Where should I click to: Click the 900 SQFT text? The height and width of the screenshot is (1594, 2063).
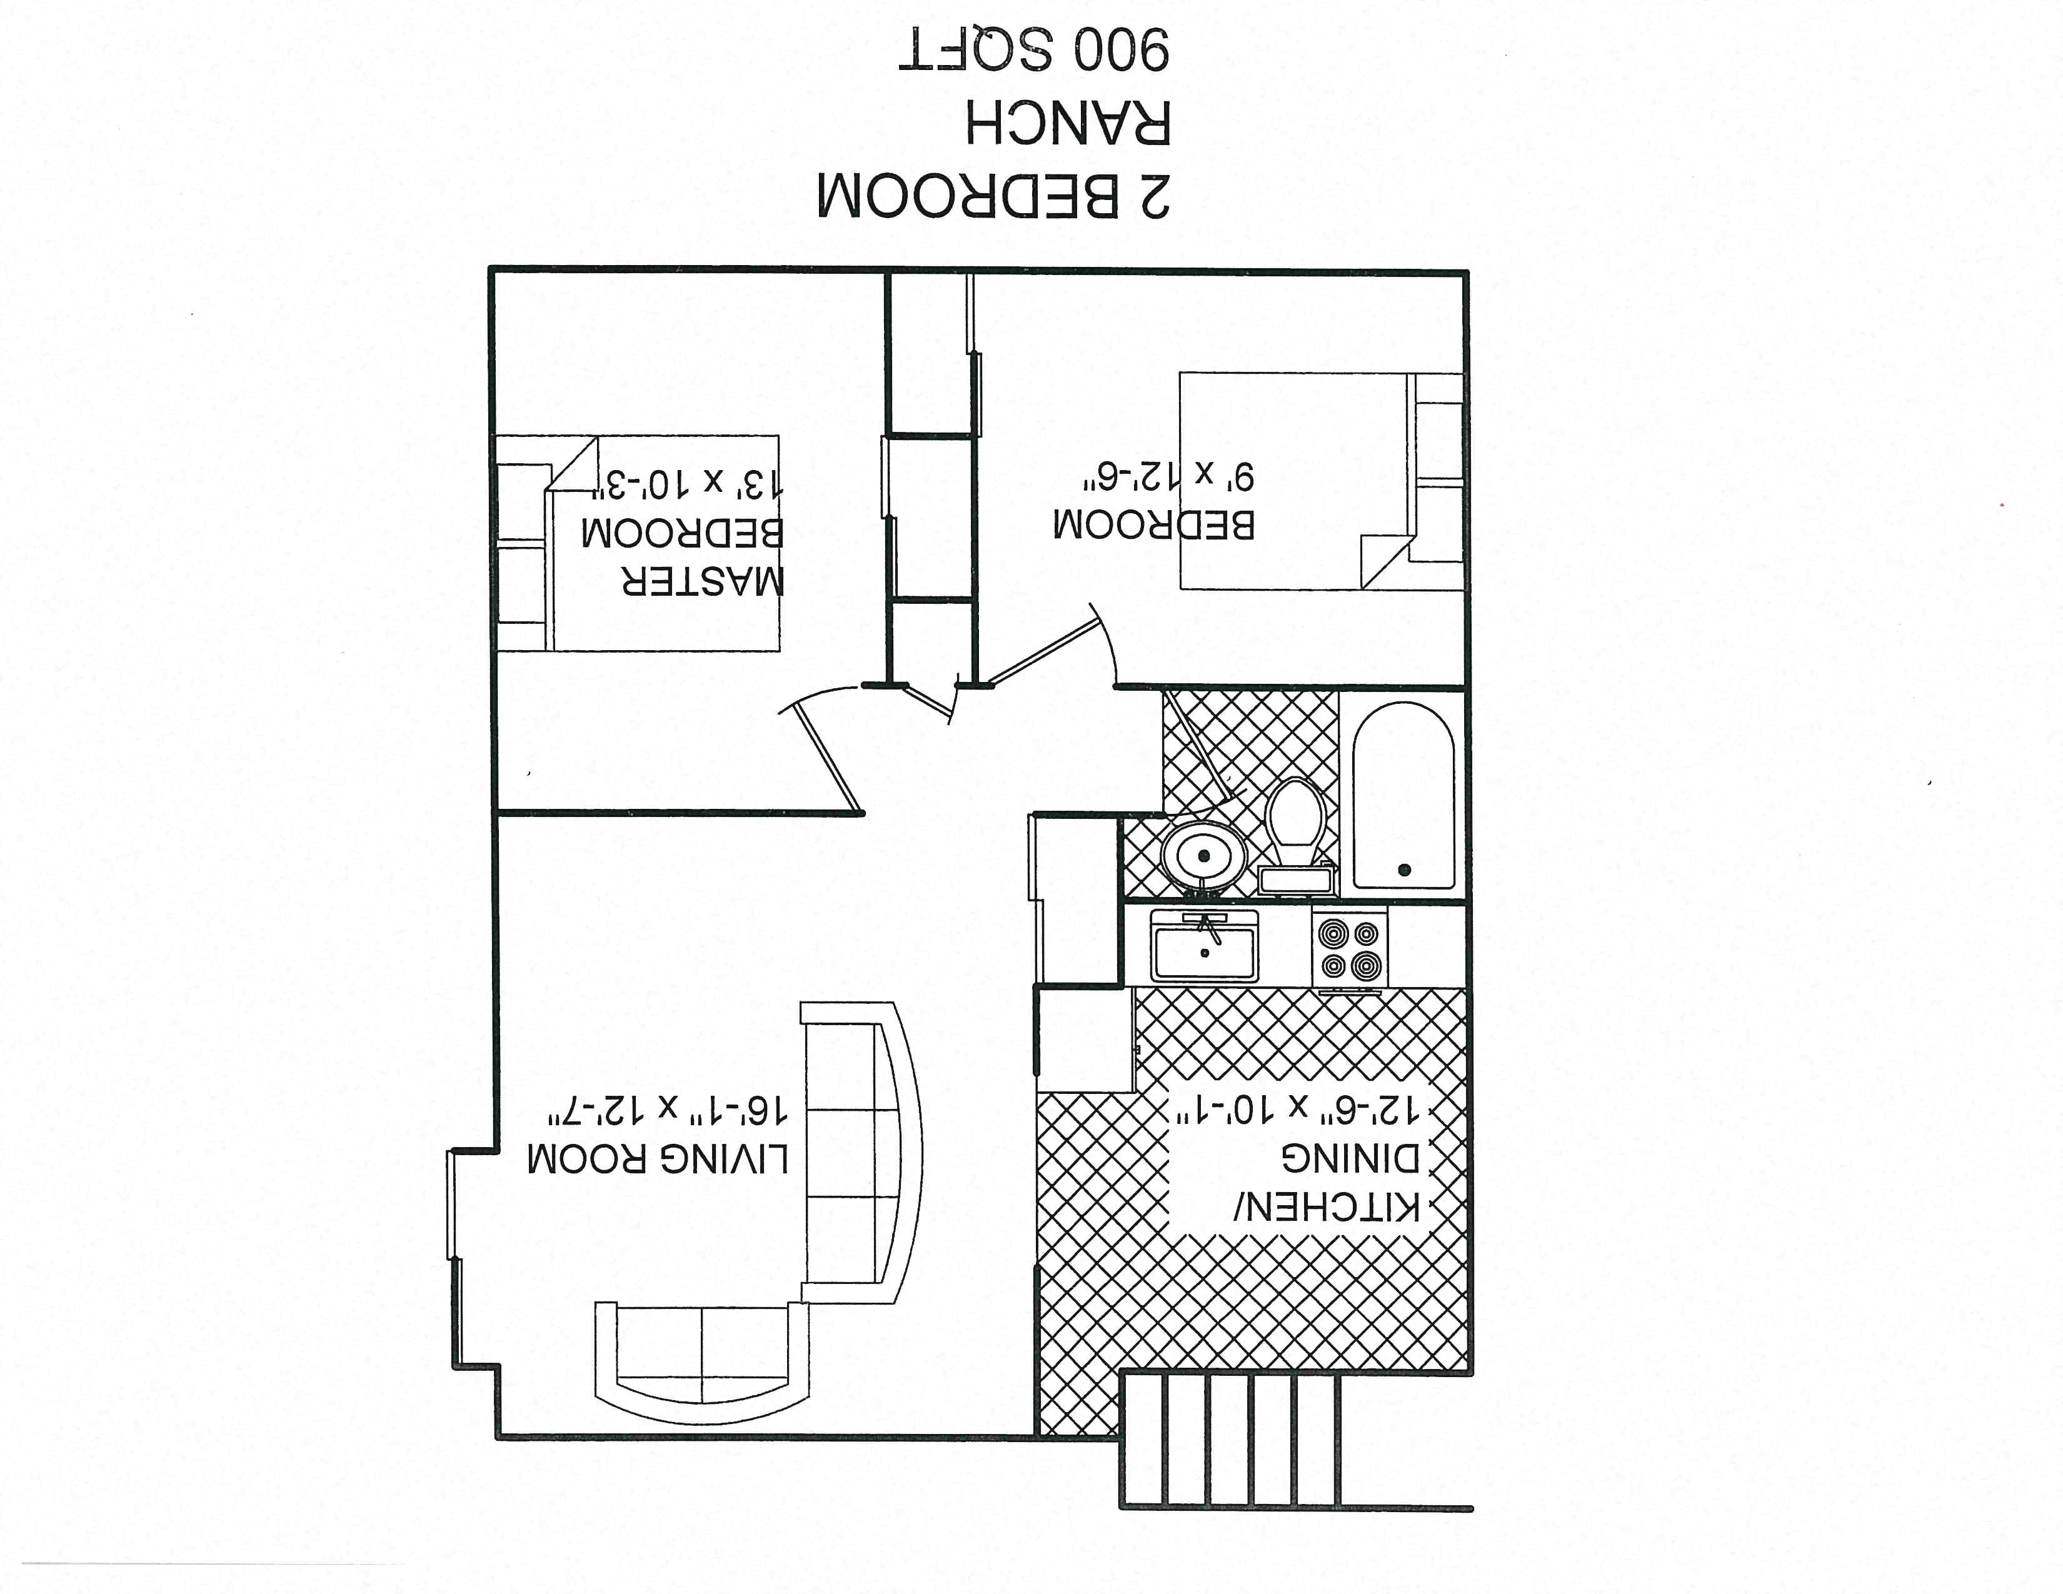coord(1035,50)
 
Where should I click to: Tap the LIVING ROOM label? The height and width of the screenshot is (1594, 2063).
coord(658,1159)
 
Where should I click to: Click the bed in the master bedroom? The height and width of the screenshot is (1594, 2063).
coord(638,543)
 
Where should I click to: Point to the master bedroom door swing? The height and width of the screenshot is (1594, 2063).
coord(820,751)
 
